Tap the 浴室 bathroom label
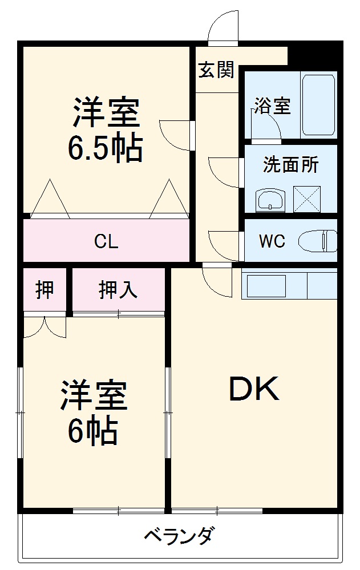tap(272, 106)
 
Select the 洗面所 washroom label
tap(290, 165)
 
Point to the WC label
tap(272, 241)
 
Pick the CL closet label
tap(106, 241)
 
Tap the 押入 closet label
tap(118, 290)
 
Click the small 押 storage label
tap(45, 290)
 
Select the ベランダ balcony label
tap(179, 537)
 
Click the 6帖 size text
tap(93, 431)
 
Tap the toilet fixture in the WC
tap(319, 241)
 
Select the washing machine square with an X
tap(307, 199)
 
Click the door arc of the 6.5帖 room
tap(175, 135)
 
